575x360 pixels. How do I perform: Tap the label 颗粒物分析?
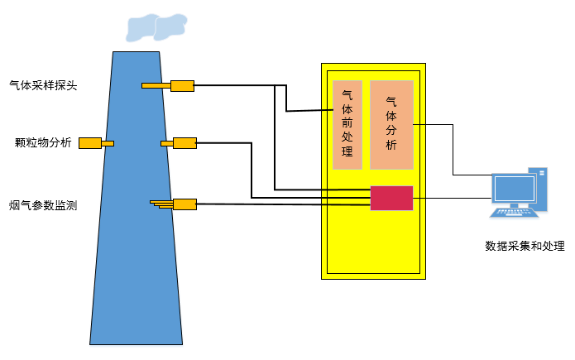pos(43,142)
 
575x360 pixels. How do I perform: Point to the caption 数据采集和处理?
pos(525,246)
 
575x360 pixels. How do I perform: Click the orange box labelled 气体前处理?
pos(347,124)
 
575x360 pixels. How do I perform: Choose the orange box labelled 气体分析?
pos(391,124)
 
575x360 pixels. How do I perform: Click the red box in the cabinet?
pos(391,198)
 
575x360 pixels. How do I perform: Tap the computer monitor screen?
pos(514,190)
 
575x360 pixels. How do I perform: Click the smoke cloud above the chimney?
pos(155,26)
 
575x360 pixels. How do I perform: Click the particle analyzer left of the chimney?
pos(90,143)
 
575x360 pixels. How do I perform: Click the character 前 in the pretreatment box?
pos(347,123)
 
